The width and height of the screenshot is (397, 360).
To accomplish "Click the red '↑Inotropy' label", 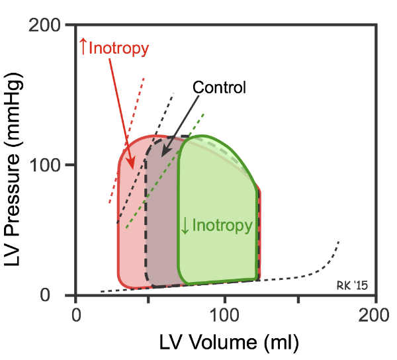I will coord(114,48).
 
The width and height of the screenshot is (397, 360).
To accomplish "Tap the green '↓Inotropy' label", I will coord(216,226).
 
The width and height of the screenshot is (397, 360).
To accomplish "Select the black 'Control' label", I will coord(218,87).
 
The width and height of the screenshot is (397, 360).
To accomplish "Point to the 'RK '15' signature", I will coord(352,285).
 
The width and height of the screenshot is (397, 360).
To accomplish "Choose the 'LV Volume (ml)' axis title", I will coord(228,343).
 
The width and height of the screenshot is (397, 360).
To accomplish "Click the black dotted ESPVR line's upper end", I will coord(174,93).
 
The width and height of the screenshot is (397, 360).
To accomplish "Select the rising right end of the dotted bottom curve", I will coord(339,241).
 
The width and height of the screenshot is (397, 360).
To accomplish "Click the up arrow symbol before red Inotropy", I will coord(83,46).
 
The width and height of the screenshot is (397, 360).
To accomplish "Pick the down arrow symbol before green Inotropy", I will coord(185,226).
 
